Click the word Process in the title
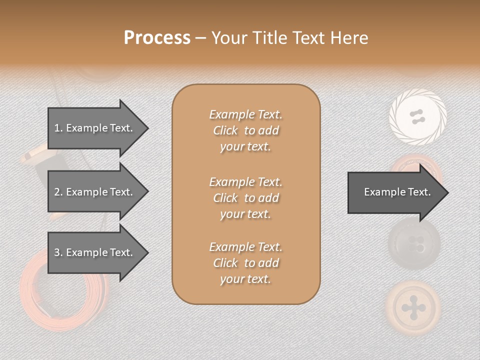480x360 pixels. pos(157,38)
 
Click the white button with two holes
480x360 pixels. pos(417,117)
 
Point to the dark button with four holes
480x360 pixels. pos(414,245)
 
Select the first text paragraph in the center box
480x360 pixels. pos(245,130)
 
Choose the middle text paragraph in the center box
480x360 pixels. pos(245,198)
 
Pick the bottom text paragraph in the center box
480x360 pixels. pos(245,263)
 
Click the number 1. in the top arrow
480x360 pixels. pos(58,128)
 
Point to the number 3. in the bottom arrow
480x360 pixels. pos(58,252)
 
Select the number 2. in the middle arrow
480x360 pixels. pos(58,192)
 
